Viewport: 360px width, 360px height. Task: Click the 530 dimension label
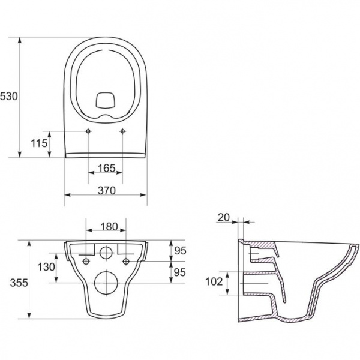click(9, 97)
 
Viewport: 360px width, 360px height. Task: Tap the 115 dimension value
click(39, 143)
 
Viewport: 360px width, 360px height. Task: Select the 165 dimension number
click(107, 168)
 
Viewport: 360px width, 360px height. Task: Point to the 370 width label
click(107, 191)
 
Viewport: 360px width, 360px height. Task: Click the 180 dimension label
click(109, 227)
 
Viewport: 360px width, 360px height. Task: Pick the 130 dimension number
click(46, 267)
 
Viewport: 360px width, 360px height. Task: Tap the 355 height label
click(19, 283)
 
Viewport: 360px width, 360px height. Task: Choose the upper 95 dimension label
click(180, 251)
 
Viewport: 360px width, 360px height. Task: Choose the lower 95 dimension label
click(179, 272)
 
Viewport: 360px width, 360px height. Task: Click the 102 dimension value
click(214, 282)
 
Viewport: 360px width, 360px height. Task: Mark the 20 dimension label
click(224, 217)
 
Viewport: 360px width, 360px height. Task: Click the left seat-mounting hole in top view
click(88, 131)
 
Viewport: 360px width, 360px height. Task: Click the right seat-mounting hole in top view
click(122, 131)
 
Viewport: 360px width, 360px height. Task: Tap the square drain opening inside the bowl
click(106, 100)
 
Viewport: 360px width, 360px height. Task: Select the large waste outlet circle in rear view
click(106, 283)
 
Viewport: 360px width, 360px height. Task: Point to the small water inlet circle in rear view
click(106, 253)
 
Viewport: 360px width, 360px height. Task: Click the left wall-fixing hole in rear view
click(86, 261)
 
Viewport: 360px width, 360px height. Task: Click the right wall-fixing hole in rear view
click(126, 261)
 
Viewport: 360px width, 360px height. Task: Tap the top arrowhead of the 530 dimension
click(20, 40)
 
